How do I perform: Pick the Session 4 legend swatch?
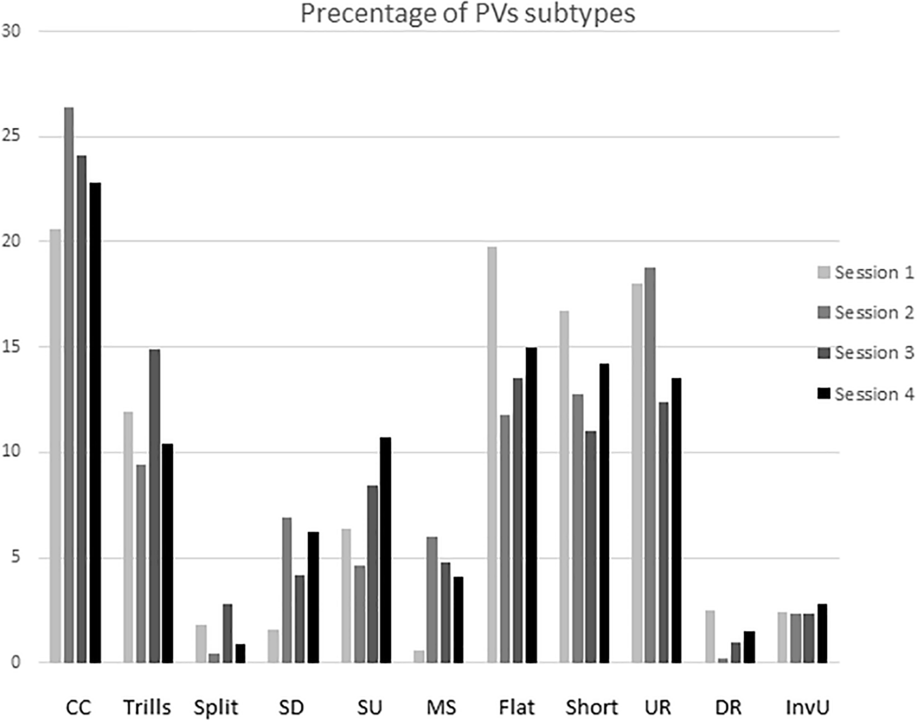(824, 393)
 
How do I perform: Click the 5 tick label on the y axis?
(16, 558)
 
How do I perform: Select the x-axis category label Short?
(591, 707)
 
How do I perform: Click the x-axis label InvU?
(808, 707)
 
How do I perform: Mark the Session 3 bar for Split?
(228, 633)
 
